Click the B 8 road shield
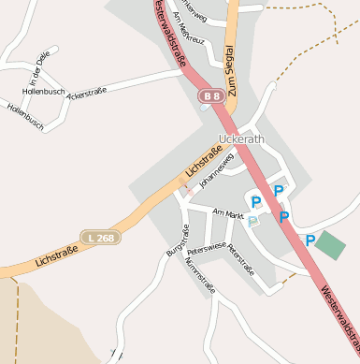[210, 95]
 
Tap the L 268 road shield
[98, 238]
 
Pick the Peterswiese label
[207, 250]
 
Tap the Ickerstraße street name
[87, 94]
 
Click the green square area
[330, 245]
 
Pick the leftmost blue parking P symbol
[255, 201]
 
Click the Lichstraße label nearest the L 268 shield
[57, 254]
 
